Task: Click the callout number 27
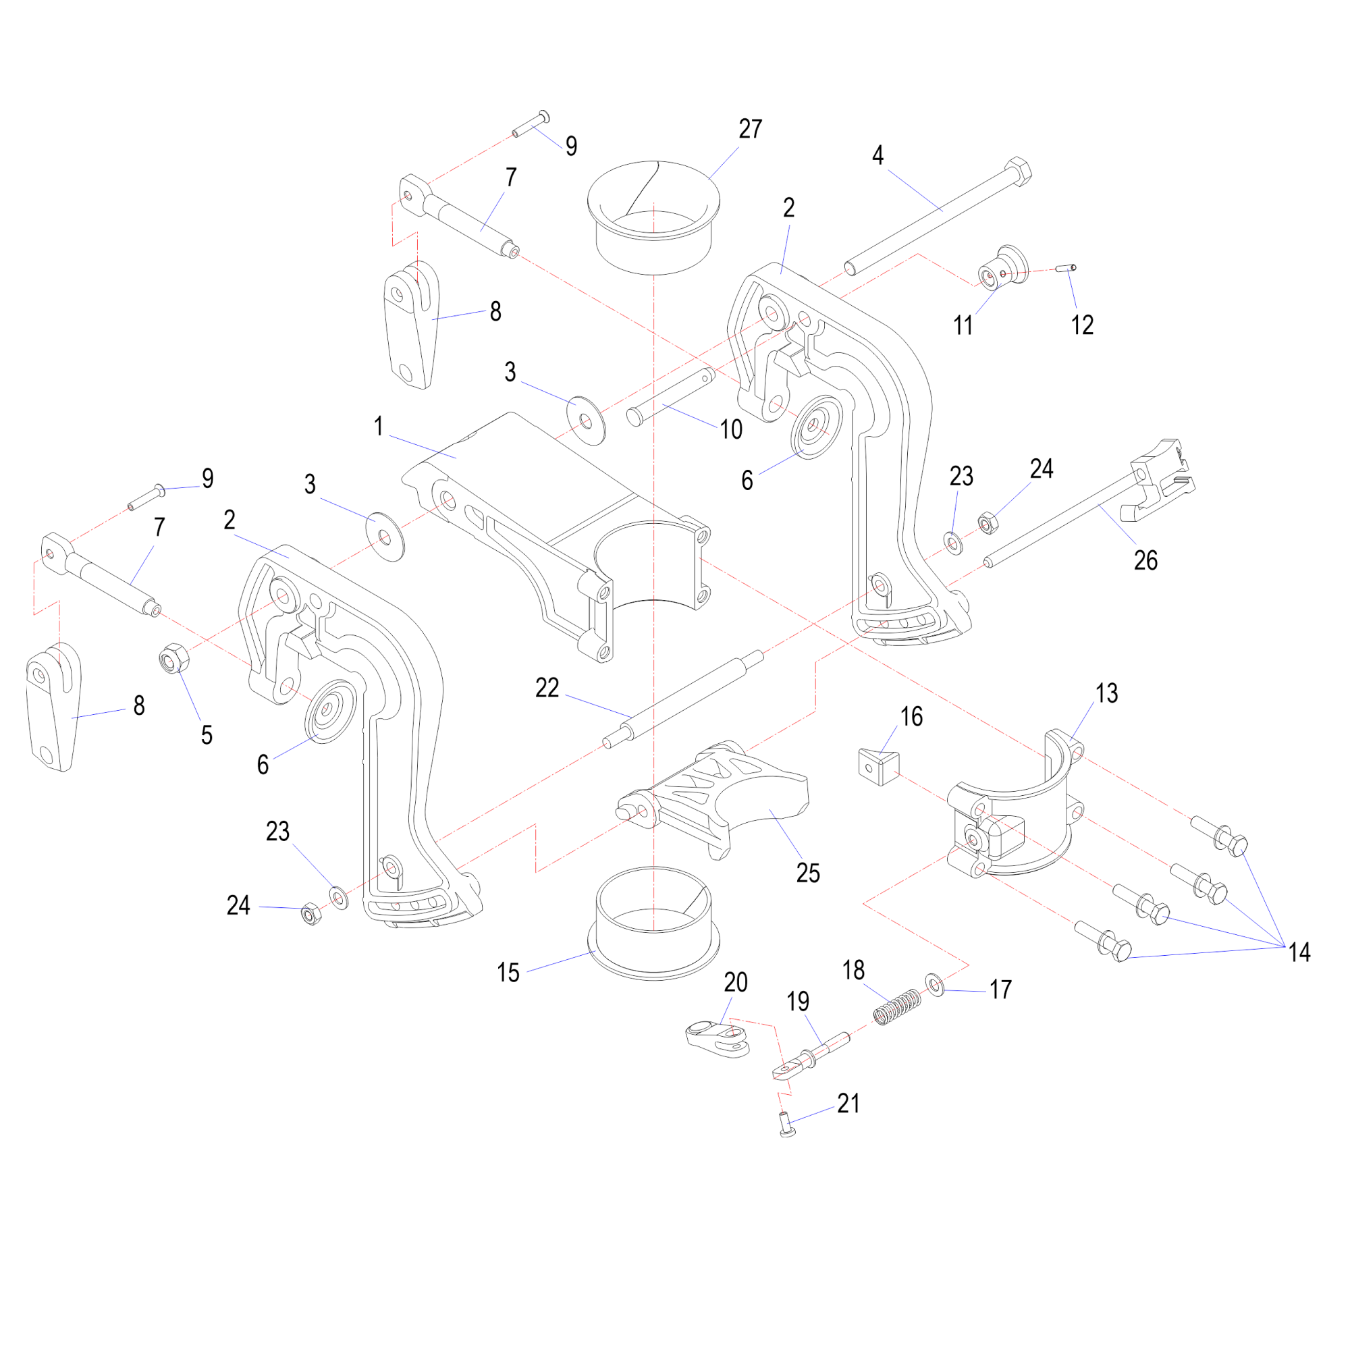(750, 130)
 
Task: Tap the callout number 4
(878, 155)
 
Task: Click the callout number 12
(1081, 325)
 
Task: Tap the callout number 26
(1146, 560)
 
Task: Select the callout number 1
(378, 426)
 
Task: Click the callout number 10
(731, 430)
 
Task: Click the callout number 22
(547, 688)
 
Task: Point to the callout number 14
(1299, 952)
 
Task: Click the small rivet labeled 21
(787, 1125)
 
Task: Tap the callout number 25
(808, 873)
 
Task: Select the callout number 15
(508, 973)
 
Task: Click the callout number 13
(1107, 694)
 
